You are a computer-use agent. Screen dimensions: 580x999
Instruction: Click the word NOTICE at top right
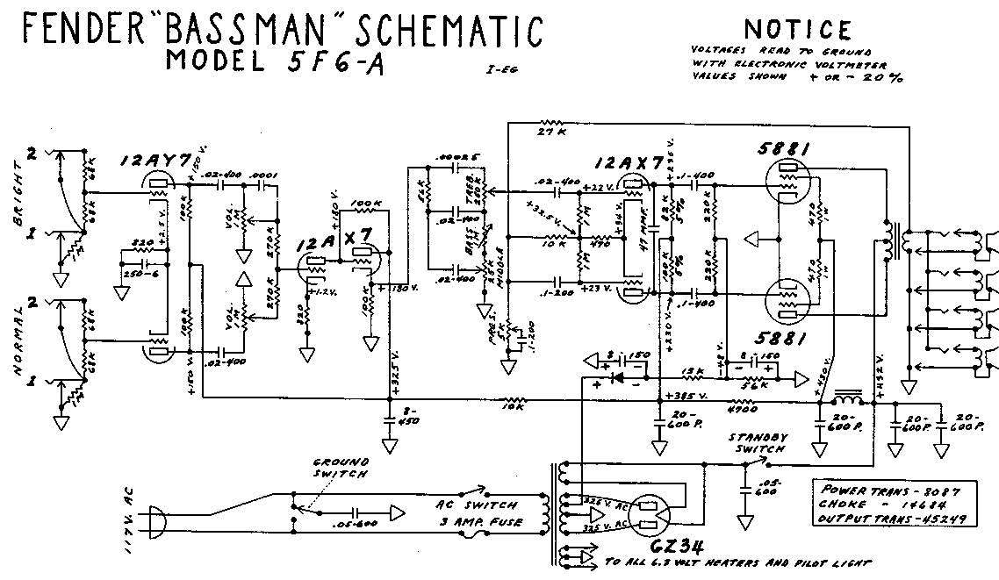click(x=796, y=32)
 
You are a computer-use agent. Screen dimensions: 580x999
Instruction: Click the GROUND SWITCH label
click(x=341, y=467)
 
